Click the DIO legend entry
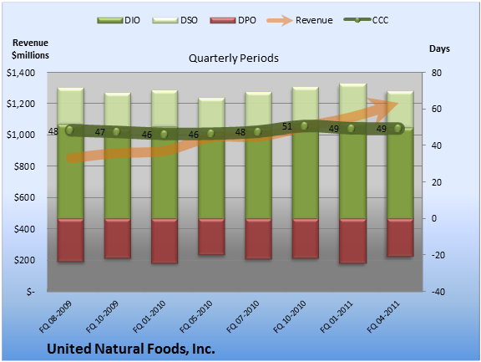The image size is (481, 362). click(119, 20)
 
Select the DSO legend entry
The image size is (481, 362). click(175, 20)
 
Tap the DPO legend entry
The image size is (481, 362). click(233, 20)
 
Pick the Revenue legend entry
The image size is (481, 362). click(300, 20)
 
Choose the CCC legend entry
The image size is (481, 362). click(366, 20)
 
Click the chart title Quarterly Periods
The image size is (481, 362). click(234, 58)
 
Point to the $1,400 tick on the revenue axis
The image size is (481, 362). click(21, 73)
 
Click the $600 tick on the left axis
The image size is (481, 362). click(24, 197)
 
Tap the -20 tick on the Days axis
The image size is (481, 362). click(438, 255)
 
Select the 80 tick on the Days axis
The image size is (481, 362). click(436, 73)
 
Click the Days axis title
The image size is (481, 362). click(439, 48)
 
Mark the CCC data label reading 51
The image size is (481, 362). click(286, 126)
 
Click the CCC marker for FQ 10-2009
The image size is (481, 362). click(116, 132)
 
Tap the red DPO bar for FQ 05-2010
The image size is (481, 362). click(211, 237)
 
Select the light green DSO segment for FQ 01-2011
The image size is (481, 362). click(352, 103)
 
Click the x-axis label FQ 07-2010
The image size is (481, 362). click(243, 317)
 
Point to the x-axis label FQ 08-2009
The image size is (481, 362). click(55, 317)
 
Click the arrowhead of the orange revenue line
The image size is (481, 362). click(387, 106)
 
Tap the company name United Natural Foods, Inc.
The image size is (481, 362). click(131, 349)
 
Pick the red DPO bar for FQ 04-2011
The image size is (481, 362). click(400, 237)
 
